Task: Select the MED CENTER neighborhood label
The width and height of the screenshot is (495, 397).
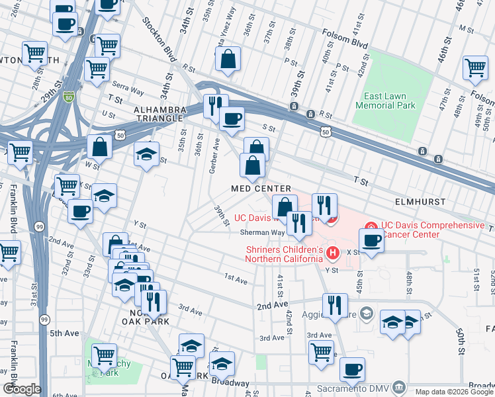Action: (261, 189)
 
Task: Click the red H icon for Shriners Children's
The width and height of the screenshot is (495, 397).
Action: (333, 252)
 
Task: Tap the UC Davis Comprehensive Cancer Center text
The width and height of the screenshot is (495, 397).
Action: (432, 230)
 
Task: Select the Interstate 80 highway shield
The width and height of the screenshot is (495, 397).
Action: (69, 97)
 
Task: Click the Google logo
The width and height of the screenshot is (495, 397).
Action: (22, 389)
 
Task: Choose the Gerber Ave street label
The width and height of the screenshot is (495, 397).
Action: (214, 156)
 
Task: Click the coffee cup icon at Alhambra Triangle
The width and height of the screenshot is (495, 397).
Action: (232, 119)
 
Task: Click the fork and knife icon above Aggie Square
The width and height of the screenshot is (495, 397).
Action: (335, 305)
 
